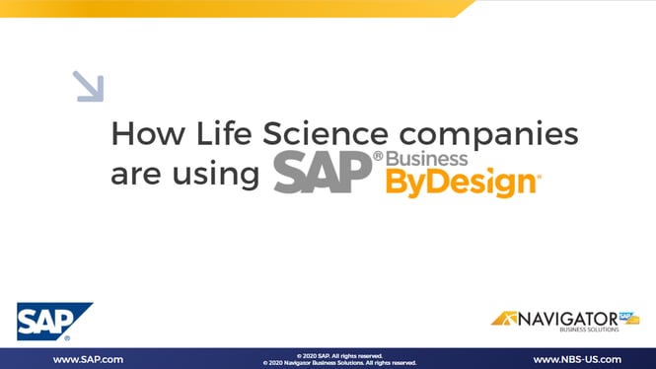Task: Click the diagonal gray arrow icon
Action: (x=89, y=87)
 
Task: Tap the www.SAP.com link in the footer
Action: (x=88, y=359)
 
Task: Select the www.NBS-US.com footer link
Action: (x=577, y=359)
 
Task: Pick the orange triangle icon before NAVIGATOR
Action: (x=507, y=319)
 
